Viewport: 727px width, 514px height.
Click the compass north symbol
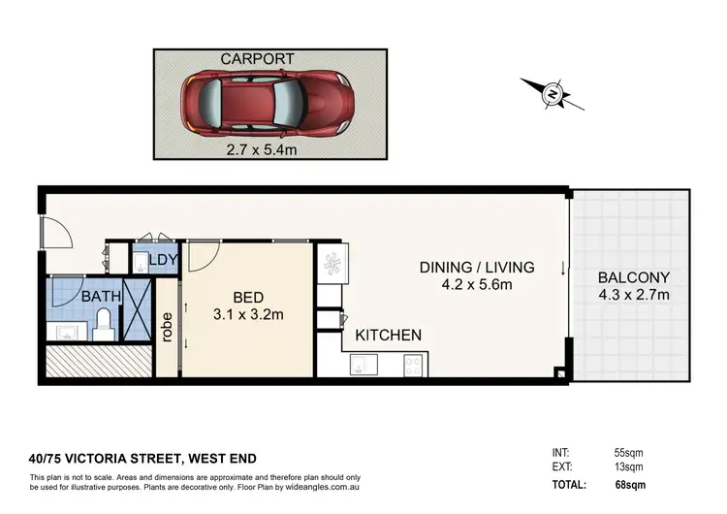pyautogui.click(x=552, y=94)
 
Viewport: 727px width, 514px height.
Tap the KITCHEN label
pyautogui.click(x=388, y=336)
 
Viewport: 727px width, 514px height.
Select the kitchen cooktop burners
pyautogui.click(x=412, y=366)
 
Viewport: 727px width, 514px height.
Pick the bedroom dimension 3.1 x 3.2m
pyautogui.click(x=248, y=314)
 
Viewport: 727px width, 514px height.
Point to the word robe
pyautogui.click(x=167, y=328)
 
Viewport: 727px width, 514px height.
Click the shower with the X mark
pyautogui.click(x=140, y=309)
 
